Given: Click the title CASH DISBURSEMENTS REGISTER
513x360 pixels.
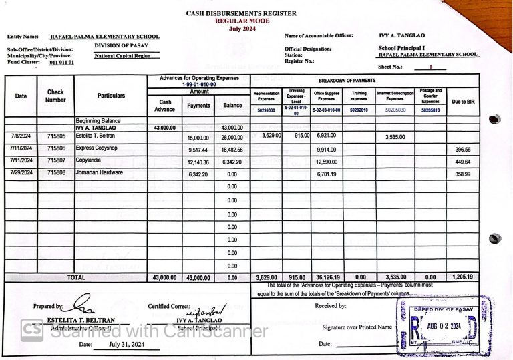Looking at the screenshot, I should pyautogui.click(x=241, y=13).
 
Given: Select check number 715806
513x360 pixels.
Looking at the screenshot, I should pyautogui.click(x=56, y=148).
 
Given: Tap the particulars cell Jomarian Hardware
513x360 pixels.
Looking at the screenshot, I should pyautogui.click(x=100, y=172).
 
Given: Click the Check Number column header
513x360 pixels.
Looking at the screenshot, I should pyautogui.click(x=55, y=96).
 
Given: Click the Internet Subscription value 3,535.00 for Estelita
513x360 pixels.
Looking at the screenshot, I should pyautogui.click(x=395, y=136).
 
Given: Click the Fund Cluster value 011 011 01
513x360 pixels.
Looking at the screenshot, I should pyautogui.click(x=62, y=63).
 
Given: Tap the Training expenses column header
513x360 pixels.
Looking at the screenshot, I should pyautogui.click(x=359, y=96).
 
